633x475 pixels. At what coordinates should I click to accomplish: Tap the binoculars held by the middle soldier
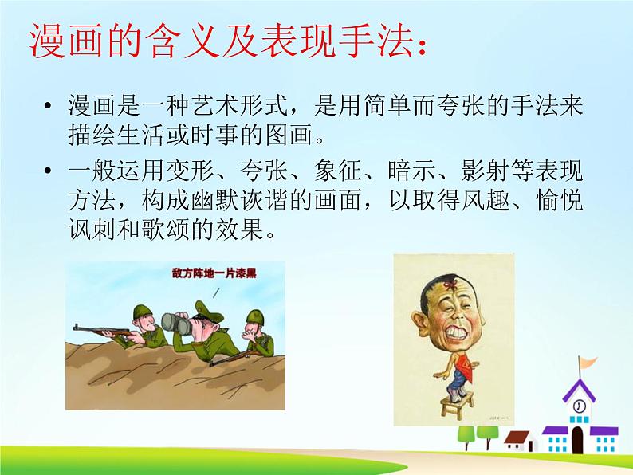point(176,322)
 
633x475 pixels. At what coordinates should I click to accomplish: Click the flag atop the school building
point(588,363)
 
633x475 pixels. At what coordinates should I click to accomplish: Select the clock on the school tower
point(580,406)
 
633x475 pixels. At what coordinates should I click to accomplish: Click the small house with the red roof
point(520,440)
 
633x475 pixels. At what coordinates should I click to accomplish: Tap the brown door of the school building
point(578,440)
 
